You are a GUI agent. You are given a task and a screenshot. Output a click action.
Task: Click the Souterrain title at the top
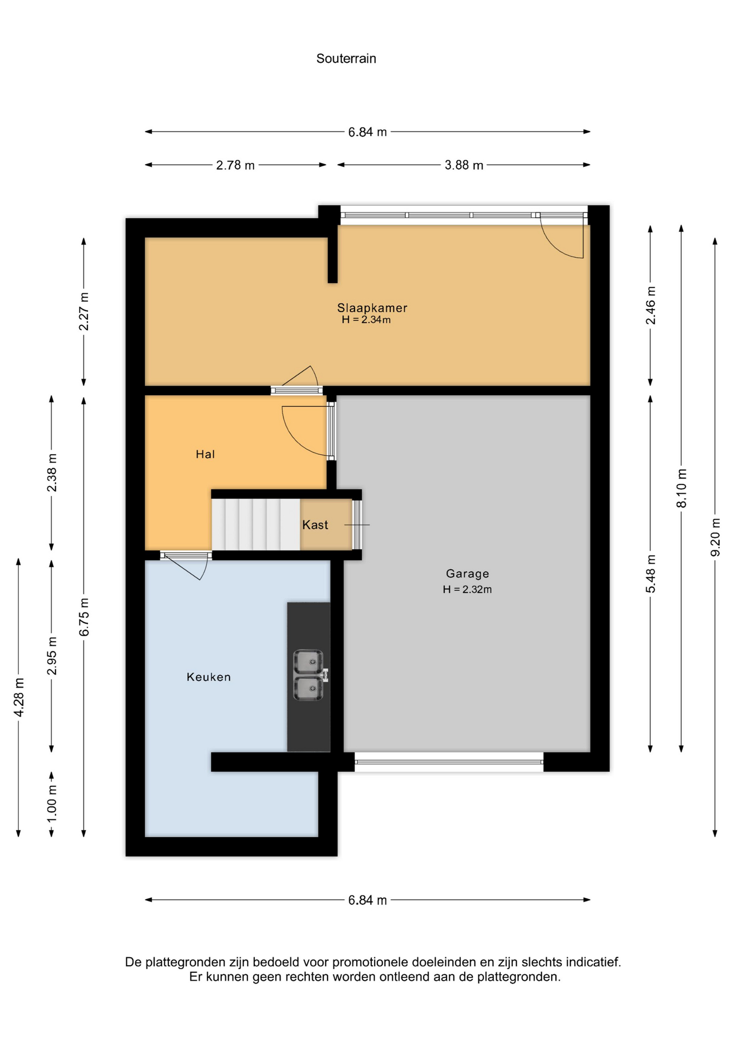(346, 58)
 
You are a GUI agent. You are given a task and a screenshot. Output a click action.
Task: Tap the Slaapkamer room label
(372, 308)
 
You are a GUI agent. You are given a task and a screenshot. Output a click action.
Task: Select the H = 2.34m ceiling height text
(366, 320)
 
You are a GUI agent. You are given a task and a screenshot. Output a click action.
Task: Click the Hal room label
(205, 454)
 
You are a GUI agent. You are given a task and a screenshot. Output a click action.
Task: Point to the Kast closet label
(315, 525)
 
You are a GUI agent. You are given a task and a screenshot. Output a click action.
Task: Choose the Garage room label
(467, 574)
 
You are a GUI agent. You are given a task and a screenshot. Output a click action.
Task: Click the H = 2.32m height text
(467, 589)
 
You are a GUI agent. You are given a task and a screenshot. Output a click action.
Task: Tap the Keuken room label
(209, 677)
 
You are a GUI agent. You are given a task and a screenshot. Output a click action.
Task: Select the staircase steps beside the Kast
(255, 524)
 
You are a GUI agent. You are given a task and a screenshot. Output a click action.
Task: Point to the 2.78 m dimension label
(235, 165)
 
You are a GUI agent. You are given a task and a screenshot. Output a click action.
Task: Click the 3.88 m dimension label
(464, 165)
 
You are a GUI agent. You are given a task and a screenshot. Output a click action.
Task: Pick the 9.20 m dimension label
(715, 537)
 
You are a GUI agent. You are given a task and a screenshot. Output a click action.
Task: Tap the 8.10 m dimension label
(682, 488)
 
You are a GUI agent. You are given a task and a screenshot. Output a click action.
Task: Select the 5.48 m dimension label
(650, 574)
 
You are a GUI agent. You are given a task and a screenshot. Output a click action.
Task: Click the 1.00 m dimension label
(52, 803)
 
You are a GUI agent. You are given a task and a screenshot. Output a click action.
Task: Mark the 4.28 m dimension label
(19, 697)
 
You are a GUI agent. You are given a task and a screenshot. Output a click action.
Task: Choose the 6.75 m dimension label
(84, 617)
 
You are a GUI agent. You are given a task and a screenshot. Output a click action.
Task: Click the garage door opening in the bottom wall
(449, 762)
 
